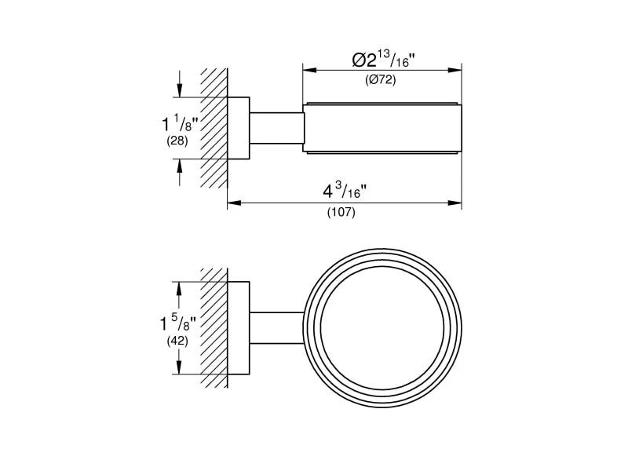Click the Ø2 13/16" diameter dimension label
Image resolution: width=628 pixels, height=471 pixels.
[383, 59]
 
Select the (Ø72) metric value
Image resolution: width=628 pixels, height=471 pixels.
[380, 80]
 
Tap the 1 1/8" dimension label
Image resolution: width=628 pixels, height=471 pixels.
[180, 123]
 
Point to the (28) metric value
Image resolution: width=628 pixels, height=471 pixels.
[177, 141]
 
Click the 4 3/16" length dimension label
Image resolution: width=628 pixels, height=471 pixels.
[345, 191]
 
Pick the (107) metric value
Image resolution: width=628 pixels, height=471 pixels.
[341, 212]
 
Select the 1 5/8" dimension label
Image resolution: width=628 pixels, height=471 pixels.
[178, 323]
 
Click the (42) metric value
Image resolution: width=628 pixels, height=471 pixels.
[177, 341]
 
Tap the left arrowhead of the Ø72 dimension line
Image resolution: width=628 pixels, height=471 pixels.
[309, 70]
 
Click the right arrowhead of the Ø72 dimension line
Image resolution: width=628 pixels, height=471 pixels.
[455, 70]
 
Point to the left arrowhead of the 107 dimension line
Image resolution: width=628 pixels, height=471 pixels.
[234, 203]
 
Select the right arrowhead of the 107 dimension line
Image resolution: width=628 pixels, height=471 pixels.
[455, 203]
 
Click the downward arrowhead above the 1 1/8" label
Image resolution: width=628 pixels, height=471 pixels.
[180, 90]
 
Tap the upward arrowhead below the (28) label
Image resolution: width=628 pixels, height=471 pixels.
[180, 166]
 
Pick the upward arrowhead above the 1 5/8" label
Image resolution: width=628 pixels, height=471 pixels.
[179, 289]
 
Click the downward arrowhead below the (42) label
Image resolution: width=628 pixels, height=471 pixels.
[179, 367]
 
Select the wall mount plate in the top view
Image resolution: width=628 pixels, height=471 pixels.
[239, 128]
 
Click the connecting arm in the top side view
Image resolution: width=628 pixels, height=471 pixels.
[276, 128]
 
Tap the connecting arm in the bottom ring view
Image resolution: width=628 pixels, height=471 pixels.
[277, 327]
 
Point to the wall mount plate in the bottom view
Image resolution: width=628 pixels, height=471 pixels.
[239, 328]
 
